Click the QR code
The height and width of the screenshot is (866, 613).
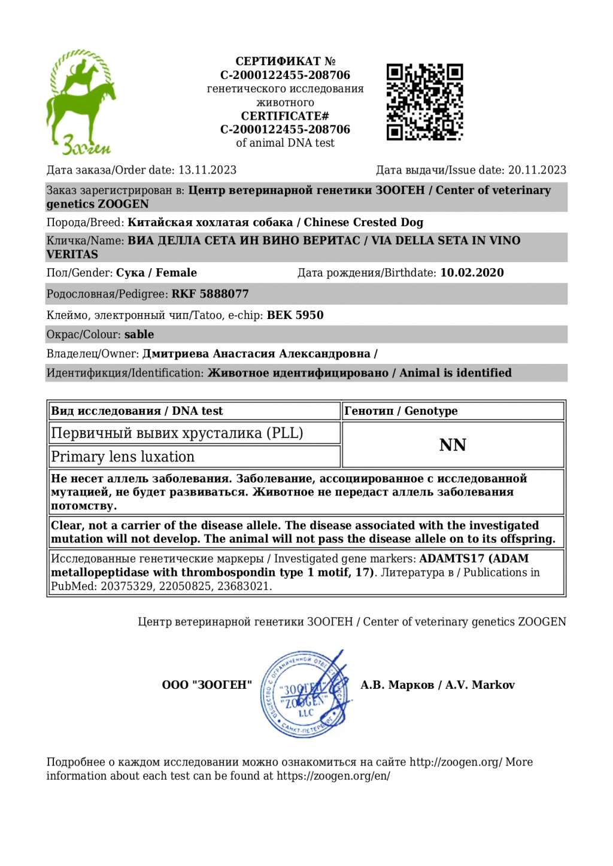pyautogui.click(x=424, y=102)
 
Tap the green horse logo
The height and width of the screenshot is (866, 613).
pyautogui.click(x=81, y=102)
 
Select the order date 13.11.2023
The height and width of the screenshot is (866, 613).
pyautogui.click(x=207, y=170)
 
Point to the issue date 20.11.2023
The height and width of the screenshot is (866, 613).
pyautogui.click(x=537, y=170)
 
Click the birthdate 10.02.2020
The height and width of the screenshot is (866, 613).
pyautogui.click(x=472, y=273)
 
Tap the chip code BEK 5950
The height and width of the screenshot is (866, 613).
pyautogui.click(x=295, y=315)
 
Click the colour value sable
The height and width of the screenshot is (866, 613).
pyautogui.click(x=139, y=335)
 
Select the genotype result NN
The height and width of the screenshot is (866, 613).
pyautogui.click(x=453, y=445)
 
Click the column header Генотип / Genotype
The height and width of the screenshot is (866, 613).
pyautogui.click(x=401, y=411)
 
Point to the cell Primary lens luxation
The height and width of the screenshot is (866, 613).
pyautogui.click(x=123, y=457)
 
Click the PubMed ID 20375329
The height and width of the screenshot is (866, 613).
pyautogui.click(x=125, y=586)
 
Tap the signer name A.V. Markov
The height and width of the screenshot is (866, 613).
pyautogui.click(x=480, y=685)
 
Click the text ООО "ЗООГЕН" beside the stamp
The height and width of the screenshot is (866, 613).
pyautogui.click(x=207, y=685)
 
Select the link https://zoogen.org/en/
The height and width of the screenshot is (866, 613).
pyautogui.click(x=333, y=776)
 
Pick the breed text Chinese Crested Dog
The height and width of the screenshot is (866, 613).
pyautogui.click(x=363, y=222)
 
